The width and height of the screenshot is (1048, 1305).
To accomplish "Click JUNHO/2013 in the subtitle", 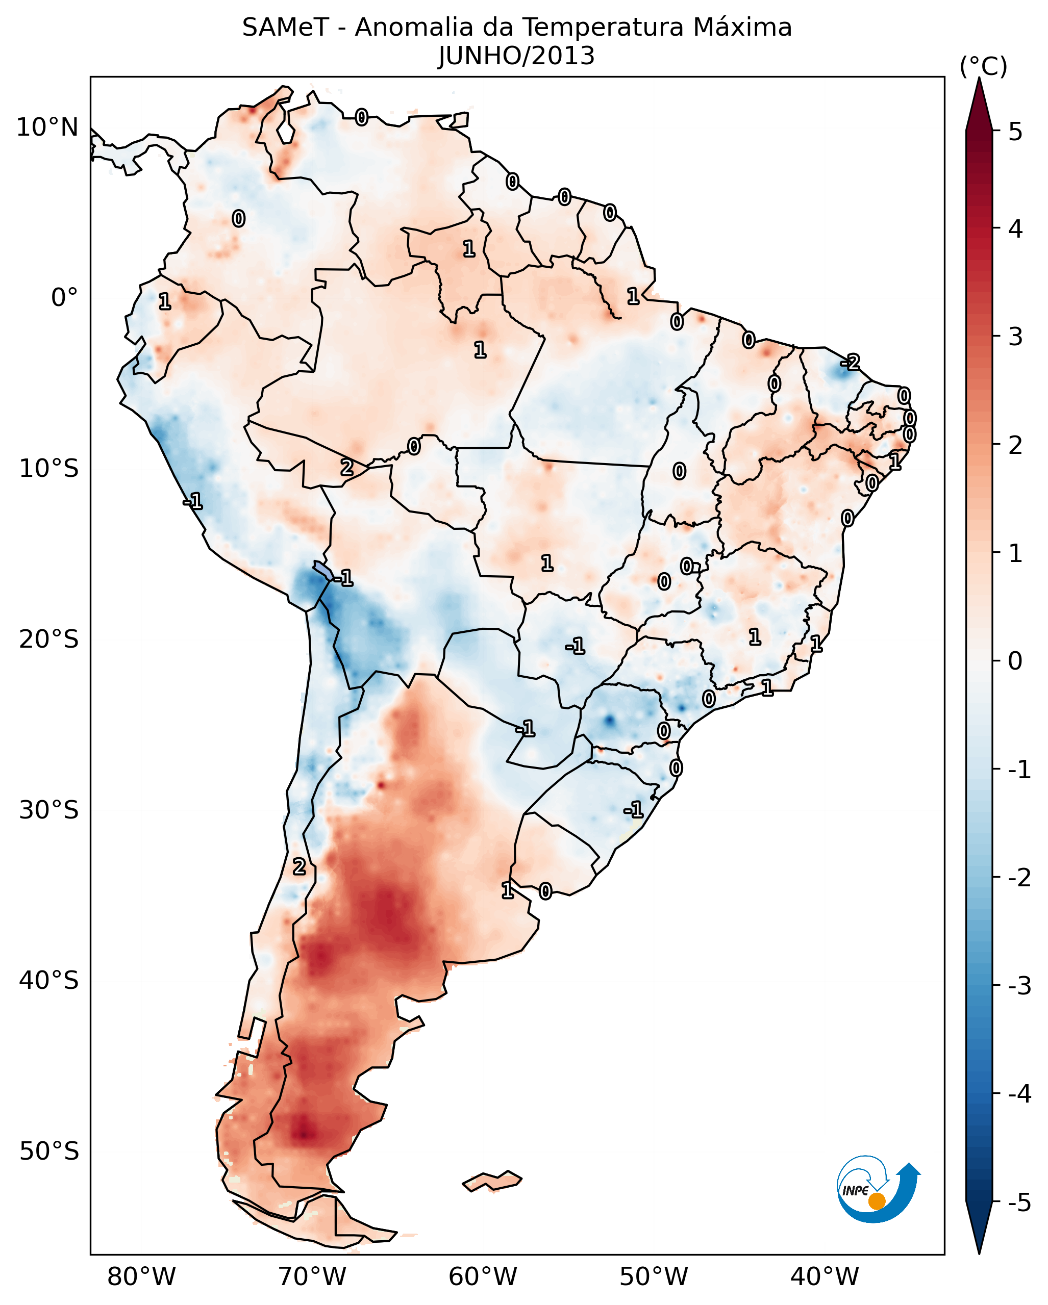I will (x=516, y=56).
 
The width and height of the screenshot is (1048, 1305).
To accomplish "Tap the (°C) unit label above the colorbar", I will (x=983, y=67).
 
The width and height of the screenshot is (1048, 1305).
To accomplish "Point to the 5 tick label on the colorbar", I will (x=1015, y=132).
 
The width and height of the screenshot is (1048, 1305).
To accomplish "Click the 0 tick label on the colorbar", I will (x=1015, y=660).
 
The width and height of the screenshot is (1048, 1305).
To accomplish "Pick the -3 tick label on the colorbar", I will (x=1019, y=986).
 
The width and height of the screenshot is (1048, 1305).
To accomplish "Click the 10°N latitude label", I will (x=47, y=127).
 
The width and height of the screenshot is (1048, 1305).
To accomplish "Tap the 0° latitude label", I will (x=64, y=298).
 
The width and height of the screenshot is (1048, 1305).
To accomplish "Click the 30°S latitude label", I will (x=48, y=810).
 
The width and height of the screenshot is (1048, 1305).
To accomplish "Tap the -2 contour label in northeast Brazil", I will (x=851, y=363).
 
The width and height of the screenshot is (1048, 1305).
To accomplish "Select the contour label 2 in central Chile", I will (x=299, y=867).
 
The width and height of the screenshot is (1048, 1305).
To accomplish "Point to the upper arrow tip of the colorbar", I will (x=979, y=82).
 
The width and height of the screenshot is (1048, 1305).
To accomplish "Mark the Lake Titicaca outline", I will (x=322, y=570).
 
